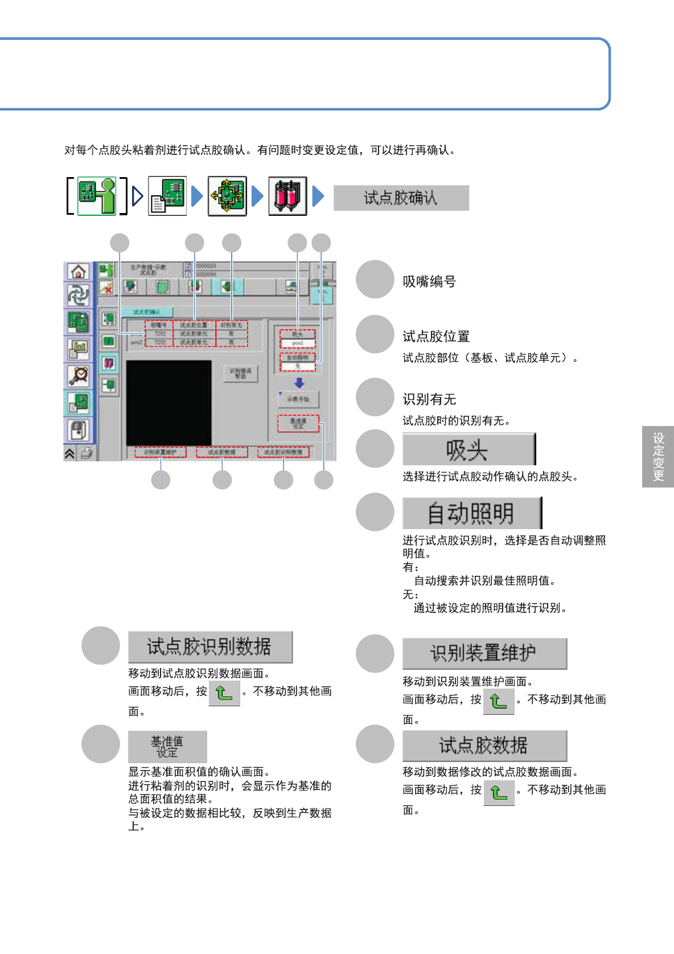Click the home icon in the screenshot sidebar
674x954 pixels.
[78, 272]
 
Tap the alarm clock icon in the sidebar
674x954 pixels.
[78, 375]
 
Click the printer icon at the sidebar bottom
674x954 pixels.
[86, 453]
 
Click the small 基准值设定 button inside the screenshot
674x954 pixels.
[298, 423]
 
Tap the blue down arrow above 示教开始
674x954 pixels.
[299, 383]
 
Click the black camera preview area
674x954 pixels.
[168, 402]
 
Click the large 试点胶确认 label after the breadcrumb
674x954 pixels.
[401, 198]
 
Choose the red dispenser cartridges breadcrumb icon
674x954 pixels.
[287, 196]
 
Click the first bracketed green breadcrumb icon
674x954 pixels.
[97, 196]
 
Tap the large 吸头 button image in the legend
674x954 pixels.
[469, 449]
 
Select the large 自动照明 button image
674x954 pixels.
[472, 513]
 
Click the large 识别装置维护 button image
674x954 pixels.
[484, 653]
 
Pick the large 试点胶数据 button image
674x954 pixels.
[484, 745]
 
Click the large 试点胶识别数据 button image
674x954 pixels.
[210, 646]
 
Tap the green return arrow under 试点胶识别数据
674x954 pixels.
[224, 693]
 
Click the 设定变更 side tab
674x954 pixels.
[658, 456]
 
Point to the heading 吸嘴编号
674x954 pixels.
[429, 281]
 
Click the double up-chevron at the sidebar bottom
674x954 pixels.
[69, 453]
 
